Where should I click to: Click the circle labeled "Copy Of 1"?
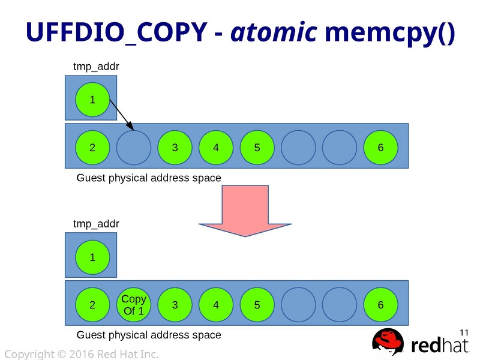click(133, 305)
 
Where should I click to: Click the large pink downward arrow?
click(245, 210)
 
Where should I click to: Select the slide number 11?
click(463, 332)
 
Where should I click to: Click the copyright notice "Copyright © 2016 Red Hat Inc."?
click(82, 355)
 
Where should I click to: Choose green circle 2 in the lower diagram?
click(92, 305)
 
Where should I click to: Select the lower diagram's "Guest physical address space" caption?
click(149, 335)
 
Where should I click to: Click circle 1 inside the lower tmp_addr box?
click(92, 257)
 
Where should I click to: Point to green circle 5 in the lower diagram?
click(257, 305)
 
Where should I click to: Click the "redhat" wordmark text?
click(441, 346)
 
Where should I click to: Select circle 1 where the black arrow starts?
click(92, 100)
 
